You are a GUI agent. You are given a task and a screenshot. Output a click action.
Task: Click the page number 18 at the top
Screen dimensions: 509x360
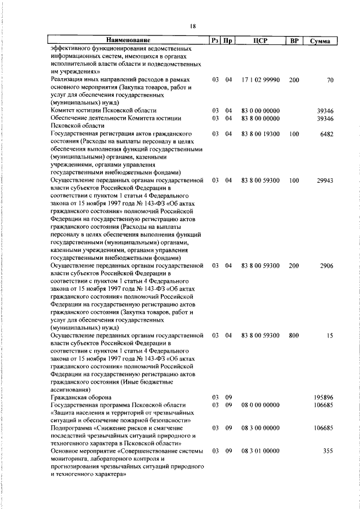click(x=193, y=26)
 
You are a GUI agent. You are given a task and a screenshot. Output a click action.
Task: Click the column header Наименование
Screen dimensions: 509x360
click(x=129, y=40)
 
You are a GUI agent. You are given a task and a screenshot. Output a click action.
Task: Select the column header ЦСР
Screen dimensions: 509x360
click(x=260, y=40)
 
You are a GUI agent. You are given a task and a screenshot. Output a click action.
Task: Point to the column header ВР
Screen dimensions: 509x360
click(x=293, y=40)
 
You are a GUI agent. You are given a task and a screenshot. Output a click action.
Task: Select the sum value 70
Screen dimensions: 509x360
click(x=330, y=80)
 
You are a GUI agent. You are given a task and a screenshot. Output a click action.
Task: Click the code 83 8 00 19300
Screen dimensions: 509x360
click(x=260, y=134)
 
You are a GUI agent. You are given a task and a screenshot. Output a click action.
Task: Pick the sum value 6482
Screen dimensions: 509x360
click(x=326, y=134)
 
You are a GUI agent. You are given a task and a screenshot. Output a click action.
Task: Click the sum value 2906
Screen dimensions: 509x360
click(x=326, y=265)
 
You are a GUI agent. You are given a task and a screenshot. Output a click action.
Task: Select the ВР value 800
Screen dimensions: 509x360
click(x=294, y=335)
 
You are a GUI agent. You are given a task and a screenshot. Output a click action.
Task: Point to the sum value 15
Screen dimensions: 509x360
click(x=330, y=335)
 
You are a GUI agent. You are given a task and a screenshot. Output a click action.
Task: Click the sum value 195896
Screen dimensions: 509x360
click(x=323, y=398)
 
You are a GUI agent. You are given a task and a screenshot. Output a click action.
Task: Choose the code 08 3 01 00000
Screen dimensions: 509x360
click(x=260, y=451)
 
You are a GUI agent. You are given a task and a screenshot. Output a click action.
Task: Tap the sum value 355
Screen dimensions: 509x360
click(x=328, y=451)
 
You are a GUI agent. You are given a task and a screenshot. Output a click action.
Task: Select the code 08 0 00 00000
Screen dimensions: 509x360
click(x=260, y=405)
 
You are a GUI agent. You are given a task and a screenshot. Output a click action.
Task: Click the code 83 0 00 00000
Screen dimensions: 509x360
click(x=260, y=111)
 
